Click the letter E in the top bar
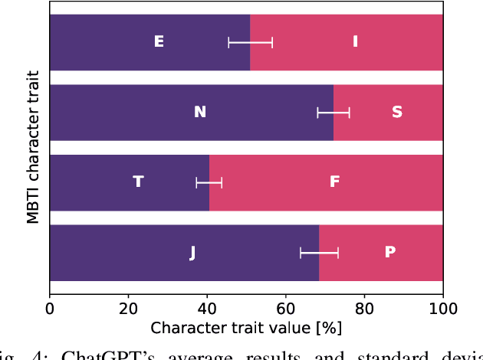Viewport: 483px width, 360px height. pos(159,42)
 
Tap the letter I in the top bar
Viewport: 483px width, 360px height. pos(355,42)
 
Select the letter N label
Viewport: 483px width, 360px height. pos(200,113)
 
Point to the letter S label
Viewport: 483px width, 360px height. pos(396,113)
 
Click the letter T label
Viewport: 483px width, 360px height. pos(138,182)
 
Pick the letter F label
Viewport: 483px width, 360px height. pos(334,182)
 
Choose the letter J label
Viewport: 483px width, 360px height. pos(192,252)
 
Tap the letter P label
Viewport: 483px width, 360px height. pos(389,252)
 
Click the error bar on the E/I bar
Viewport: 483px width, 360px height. pos(250,42)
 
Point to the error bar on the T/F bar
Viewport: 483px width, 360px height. pos(209,182)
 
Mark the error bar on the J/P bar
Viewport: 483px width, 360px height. pos(319,252)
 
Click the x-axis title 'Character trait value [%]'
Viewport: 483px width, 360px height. pos(246,329)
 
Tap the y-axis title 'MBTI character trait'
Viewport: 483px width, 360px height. pos(32,147)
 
